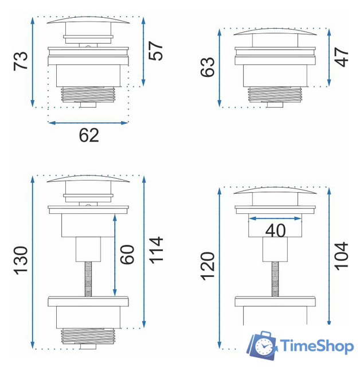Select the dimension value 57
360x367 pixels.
155,52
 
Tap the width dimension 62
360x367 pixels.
89,135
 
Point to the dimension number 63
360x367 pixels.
208,67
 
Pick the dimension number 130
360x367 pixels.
21,260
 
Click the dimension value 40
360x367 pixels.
276,231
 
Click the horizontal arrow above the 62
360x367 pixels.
88,122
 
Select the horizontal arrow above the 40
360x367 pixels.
275,218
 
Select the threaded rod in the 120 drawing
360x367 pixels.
275,279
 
